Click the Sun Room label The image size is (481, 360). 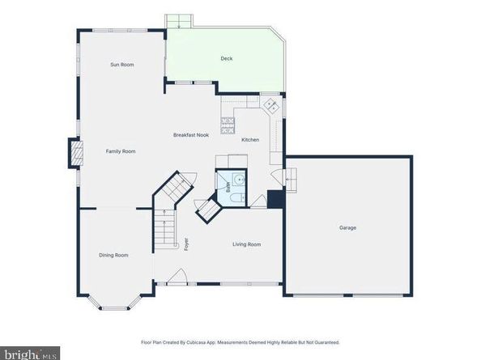click(122, 65)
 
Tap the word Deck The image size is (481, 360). click(226, 59)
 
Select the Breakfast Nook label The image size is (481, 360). click(191, 135)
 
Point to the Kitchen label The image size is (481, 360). click(250, 141)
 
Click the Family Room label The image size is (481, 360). click(120, 151)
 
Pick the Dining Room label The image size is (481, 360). click(114, 256)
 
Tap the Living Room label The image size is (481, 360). click(246, 244)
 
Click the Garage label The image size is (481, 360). click(347, 227)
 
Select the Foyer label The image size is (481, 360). click(185, 243)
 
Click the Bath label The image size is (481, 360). click(228, 186)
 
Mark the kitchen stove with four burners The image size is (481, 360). click(229, 125)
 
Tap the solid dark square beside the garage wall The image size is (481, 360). click(275, 199)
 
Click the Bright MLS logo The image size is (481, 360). click(31, 354)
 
